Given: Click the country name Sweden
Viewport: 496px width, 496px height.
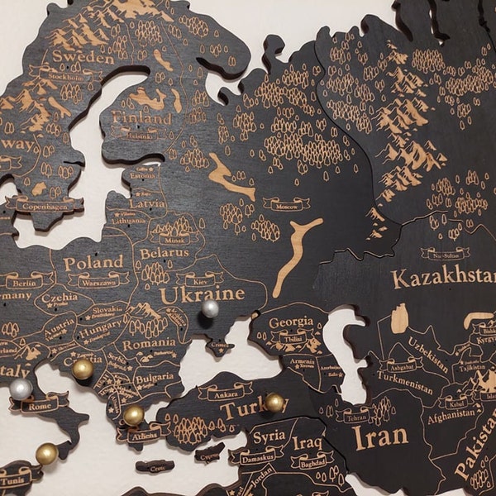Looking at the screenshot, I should point(83,57).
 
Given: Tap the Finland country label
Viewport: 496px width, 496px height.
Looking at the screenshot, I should point(142,117).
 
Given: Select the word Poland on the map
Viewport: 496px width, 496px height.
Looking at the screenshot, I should point(93,262).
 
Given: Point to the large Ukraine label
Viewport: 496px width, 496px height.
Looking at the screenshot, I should point(203,294).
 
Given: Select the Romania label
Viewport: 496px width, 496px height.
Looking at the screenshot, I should point(149,343).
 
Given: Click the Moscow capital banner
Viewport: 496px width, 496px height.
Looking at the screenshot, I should point(286,203).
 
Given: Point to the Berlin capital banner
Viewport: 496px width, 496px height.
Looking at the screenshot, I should point(29,282).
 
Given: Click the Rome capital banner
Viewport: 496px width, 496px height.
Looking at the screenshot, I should point(39,405).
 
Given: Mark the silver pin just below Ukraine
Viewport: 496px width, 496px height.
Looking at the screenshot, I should point(210,309).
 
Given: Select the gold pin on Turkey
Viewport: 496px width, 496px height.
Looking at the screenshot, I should point(274,403).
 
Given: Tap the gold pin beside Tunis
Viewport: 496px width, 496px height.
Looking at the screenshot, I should point(47,453).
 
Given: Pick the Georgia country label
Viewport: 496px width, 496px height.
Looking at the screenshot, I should point(290,322).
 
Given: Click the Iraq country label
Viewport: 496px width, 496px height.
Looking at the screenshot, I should point(307,442).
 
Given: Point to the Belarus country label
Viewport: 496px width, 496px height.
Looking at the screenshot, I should point(163,252).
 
